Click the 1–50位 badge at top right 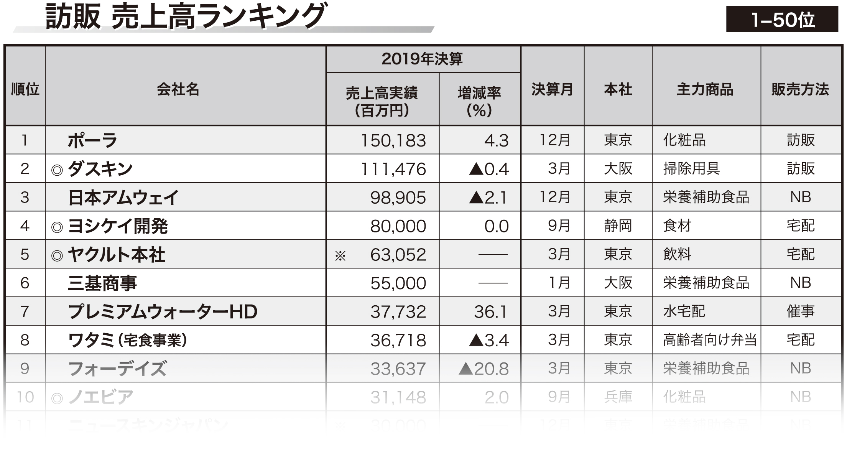782,19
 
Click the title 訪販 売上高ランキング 186,16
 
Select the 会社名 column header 178,89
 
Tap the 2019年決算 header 422,59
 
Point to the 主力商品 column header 705,89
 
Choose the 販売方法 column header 800,89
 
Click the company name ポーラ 92,140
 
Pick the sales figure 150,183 393,140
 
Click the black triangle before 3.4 476,340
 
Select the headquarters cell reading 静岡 618,226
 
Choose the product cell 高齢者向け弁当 709,340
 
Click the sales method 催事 801,311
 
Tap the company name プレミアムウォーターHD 163,311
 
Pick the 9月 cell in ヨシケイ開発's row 559,226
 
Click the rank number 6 25,283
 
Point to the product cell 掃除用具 691,169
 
